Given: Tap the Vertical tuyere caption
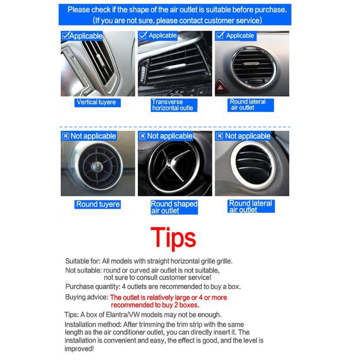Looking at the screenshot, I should pos(96,102).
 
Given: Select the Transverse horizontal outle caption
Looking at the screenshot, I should pos(172,105).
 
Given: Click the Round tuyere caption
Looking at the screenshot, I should pos(98,204).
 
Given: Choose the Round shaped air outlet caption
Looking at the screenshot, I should pos(174,207).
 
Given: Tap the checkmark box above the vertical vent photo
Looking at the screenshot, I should pos(65,36).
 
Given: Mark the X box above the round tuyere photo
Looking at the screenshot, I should pos(66,136).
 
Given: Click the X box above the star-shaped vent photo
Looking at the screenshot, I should pos(142,136).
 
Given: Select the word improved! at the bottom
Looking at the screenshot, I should pos(79,348).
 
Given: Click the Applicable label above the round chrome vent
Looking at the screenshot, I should pos(240,36).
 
